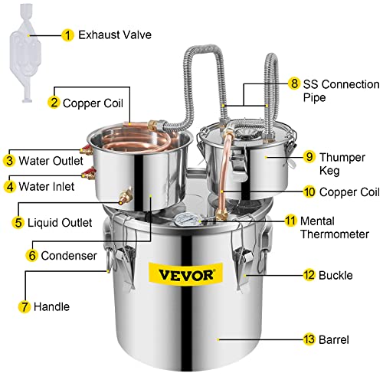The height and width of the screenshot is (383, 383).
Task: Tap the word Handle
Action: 49,306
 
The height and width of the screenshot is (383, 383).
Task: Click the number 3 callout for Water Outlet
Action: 10,160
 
